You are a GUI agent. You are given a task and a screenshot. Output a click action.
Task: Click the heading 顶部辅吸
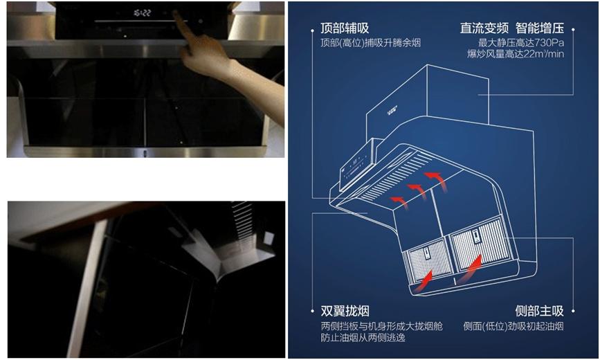pyautogui.click(x=344, y=28)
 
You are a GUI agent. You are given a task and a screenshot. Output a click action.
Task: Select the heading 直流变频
pyautogui.click(x=484, y=28)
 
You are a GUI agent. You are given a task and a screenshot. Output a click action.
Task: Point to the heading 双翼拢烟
pyautogui.click(x=344, y=311)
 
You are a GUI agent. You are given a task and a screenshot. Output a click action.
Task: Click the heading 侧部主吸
pyautogui.click(x=540, y=311)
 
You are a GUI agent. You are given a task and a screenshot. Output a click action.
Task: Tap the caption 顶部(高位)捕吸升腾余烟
pyautogui.click(x=370, y=43)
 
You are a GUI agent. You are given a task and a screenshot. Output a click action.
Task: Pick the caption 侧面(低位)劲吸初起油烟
pyautogui.click(x=513, y=325)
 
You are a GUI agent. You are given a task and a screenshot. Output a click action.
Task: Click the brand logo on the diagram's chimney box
pyautogui.click(x=395, y=110)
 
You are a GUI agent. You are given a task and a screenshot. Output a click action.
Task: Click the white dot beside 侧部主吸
pyautogui.click(x=574, y=311)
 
